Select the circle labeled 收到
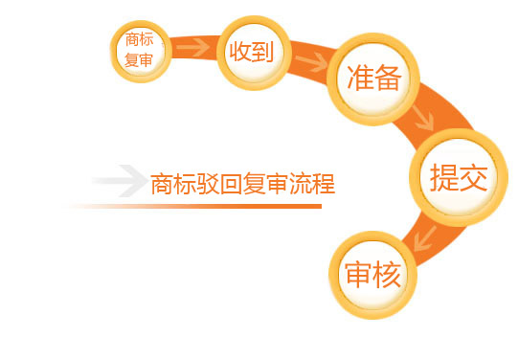click(252, 52)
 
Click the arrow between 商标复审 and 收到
click(194, 45)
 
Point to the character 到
click(263, 52)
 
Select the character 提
click(443, 179)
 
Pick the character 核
click(386, 276)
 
